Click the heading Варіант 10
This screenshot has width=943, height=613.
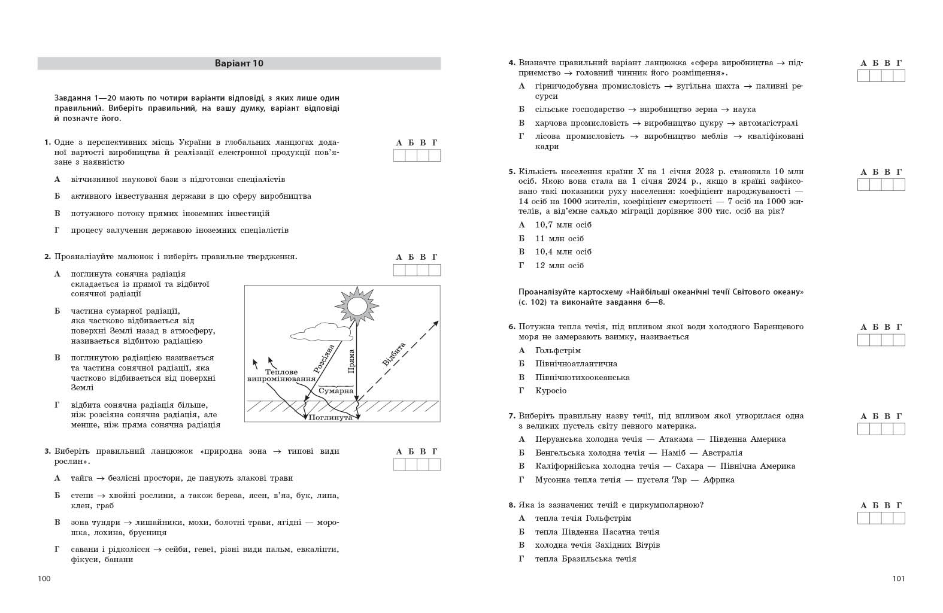coord(239,63)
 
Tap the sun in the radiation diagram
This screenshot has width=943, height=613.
coord(357,305)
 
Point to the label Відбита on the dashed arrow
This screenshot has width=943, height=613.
coord(393,354)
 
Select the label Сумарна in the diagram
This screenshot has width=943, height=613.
coord(336,391)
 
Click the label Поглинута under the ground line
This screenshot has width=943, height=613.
coord(330,417)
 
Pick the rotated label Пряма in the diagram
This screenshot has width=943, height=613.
coord(351,361)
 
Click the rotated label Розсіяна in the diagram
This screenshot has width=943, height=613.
coord(324,359)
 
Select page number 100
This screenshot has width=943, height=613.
coord(44,578)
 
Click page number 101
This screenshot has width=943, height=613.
coord(898,578)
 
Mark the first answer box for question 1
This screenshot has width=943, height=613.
coord(399,156)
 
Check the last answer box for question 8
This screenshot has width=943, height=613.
coord(899,518)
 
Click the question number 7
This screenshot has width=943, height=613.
coord(512,416)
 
